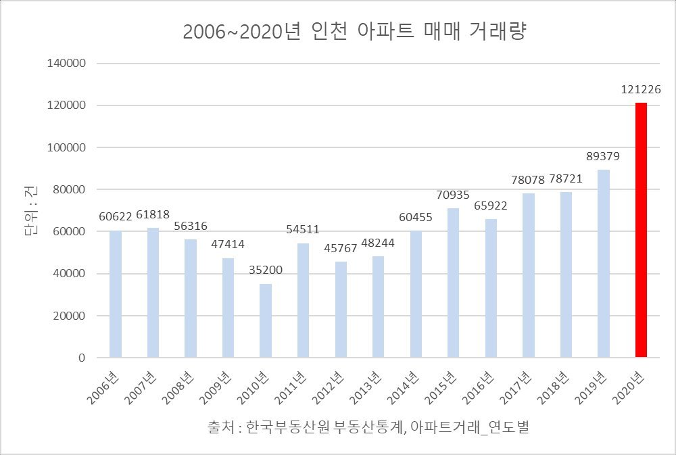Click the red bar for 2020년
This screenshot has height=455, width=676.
pyautogui.click(x=641, y=230)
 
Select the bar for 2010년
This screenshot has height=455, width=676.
pyautogui.click(x=266, y=320)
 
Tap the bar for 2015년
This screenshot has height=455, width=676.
pyautogui.click(x=453, y=283)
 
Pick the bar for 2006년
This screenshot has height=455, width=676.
pyautogui.click(x=116, y=294)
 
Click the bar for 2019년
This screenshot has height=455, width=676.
pyautogui.click(x=604, y=264)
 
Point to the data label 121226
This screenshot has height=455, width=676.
pyautogui.click(x=641, y=89)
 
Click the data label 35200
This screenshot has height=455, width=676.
pyautogui.click(x=266, y=270)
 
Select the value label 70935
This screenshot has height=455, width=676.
pyautogui.click(x=453, y=195)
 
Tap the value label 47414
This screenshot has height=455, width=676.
pyautogui.click(x=228, y=245)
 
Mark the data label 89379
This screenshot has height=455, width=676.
pyautogui.click(x=603, y=156)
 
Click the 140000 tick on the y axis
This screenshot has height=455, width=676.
pyautogui.click(x=66, y=64)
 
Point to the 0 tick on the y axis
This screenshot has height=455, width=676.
pyautogui.click(x=82, y=358)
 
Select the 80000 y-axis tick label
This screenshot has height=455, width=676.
pyautogui.click(x=70, y=190)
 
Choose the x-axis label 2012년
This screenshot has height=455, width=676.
pyautogui.click(x=328, y=388)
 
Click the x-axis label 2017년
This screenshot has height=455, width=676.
pyautogui.click(x=516, y=388)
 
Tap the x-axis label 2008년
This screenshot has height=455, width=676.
pyautogui.click(x=178, y=388)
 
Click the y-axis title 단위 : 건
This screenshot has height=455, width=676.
pyautogui.click(x=30, y=210)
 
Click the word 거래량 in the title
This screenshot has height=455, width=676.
pyautogui.click(x=498, y=32)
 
